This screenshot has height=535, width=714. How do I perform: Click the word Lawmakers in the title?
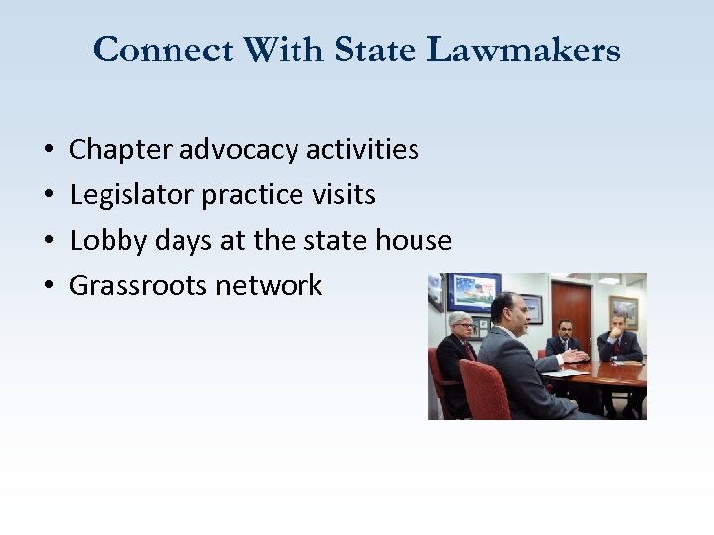pyautogui.click(x=525, y=49)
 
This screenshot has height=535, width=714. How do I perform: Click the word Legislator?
pyautogui.click(x=132, y=195)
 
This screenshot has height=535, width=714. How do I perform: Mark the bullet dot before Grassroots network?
pyautogui.click(x=49, y=287)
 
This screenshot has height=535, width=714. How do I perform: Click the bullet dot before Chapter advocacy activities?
pyautogui.click(x=49, y=151)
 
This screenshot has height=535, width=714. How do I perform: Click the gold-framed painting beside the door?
pyautogui.click(x=623, y=311)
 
